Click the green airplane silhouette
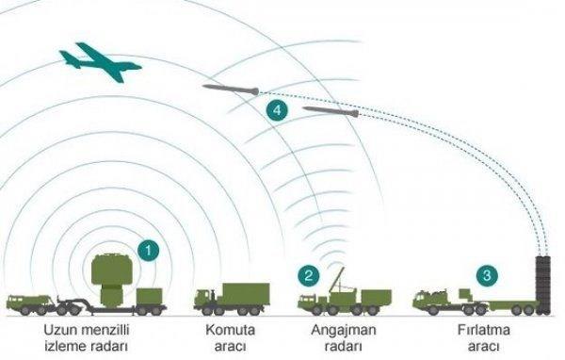tap(98, 64)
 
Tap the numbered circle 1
tap(146, 250)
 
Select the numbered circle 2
tap(307, 276)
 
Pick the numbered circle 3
tap(486, 275)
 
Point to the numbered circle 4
tap(276, 111)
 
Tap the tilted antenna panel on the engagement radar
tap(341, 280)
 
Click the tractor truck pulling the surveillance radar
tap(30, 301)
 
